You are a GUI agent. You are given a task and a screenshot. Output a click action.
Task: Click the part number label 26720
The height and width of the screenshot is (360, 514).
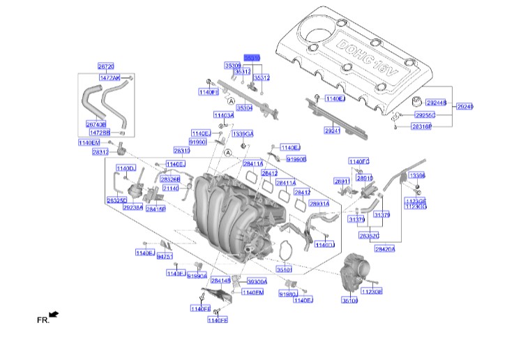pyautogui.click(x=106, y=66)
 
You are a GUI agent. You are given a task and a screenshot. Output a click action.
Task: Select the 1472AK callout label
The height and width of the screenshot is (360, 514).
pyautogui.click(x=110, y=77)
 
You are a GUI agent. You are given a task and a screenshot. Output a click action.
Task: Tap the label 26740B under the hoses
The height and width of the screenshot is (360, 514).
pyautogui.click(x=96, y=124)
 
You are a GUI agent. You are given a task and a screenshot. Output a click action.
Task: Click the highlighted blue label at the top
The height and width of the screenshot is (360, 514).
pyautogui.click(x=251, y=58)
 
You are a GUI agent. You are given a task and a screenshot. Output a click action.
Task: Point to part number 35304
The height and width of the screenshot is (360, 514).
pyautogui.click(x=243, y=108)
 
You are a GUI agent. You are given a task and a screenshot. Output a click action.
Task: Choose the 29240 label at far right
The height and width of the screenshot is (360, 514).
pyautogui.click(x=465, y=107)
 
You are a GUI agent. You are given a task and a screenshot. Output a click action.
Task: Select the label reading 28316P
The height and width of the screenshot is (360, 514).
pyautogui.click(x=421, y=127)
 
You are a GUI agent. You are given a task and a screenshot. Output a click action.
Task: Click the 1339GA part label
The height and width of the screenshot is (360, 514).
pyautogui.click(x=243, y=133)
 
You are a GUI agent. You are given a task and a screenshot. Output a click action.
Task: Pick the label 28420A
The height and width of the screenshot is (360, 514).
pyautogui.click(x=384, y=248)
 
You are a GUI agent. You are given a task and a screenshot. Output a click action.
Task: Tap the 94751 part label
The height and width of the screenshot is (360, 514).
pyautogui.click(x=165, y=257)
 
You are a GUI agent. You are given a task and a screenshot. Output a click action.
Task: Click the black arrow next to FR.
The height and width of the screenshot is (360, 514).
pyautogui.click(x=54, y=315)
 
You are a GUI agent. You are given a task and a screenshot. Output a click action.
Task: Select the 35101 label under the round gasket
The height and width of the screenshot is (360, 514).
pyautogui.click(x=285, y=269)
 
